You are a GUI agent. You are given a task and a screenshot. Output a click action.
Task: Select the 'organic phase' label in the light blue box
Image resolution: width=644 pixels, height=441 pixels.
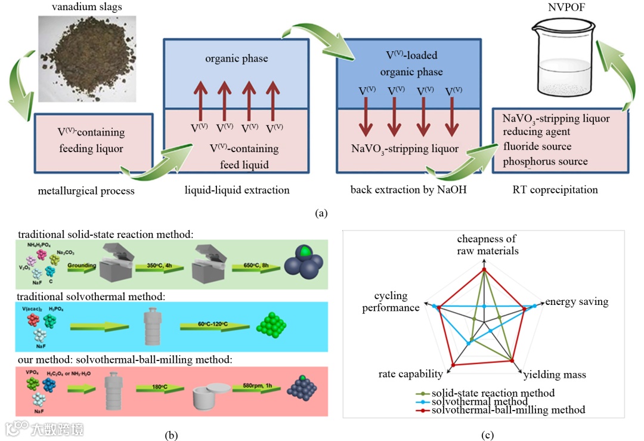point(237,58)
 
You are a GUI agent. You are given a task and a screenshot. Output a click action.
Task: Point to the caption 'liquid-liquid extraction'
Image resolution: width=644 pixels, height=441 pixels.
point(237,190)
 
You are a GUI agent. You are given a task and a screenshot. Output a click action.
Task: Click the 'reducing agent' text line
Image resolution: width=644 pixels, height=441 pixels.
point(536,132)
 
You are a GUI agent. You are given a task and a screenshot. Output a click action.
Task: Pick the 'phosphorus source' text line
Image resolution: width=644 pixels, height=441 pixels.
point(545,161)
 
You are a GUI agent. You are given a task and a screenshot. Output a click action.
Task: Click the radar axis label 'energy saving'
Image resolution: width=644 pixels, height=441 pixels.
point(577,302)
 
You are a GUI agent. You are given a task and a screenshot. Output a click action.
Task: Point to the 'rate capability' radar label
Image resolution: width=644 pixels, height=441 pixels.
point(410,374)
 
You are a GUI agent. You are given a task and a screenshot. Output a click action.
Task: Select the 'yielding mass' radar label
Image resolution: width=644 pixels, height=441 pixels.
point(555,375)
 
